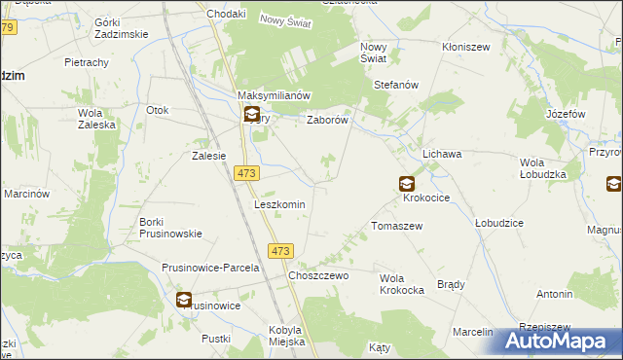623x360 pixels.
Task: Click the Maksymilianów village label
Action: [x=274, y=95]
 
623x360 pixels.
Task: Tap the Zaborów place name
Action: [x=328, y=121]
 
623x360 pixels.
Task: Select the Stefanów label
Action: [x=396, y=85]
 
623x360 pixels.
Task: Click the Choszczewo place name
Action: [x=318, y=275]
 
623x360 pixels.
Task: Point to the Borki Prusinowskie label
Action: [x=170, y=227]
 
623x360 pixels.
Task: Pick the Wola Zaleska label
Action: [x=96, y=118]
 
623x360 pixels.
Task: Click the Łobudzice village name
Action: [x=499, y=222]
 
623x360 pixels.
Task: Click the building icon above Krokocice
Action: [x=406, y=183]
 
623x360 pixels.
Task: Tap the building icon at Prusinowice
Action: [x=184, y=300]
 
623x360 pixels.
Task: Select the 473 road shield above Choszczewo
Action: [x=280, y=251]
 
